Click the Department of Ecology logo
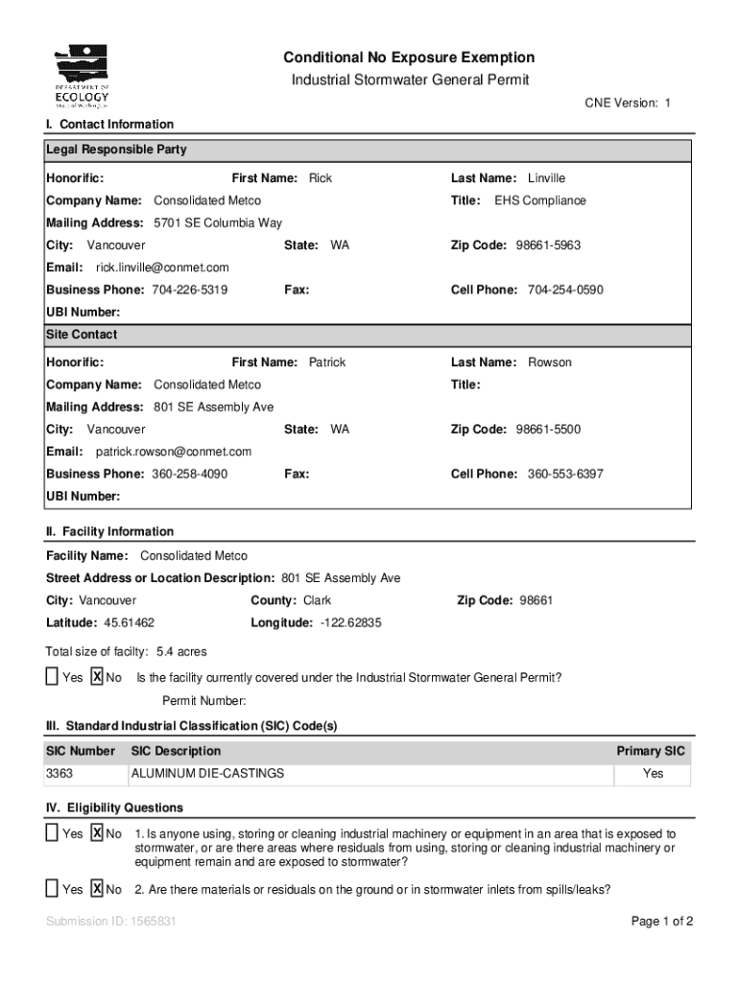point(82,76)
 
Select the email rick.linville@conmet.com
point(162,268)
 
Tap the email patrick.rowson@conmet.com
point(174,452)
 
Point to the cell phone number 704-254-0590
point(565,290)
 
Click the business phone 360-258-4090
point(189,474)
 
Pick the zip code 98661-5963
point(548,245)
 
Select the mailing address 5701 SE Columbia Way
point(218,223)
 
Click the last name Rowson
point(549,362)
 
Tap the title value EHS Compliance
point(539,200)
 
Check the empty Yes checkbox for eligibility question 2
point(52,889)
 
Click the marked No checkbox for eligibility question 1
point(97,833)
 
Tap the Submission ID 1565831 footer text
point(110,923)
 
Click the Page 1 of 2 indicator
point(662,923)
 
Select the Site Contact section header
point(82,335)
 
